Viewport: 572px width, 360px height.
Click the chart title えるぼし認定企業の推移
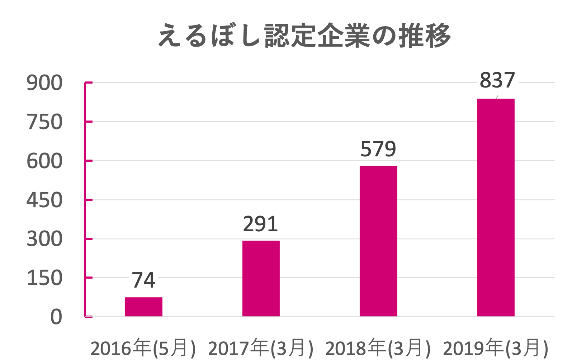point(304,35)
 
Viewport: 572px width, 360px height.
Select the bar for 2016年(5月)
point(143,307)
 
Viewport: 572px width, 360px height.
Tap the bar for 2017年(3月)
point(261,279)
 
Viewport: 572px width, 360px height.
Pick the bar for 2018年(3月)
point(378,241)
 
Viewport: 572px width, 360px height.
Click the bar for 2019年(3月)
point(496,208)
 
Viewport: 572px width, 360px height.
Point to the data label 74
point(143,280)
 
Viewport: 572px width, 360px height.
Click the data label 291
point(260,224)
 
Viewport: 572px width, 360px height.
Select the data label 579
point(378,149)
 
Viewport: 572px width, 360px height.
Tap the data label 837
point(497,80)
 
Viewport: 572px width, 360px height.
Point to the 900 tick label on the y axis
point(44,83)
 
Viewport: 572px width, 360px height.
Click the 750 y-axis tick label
point(44,122)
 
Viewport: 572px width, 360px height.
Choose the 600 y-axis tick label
point(44,161)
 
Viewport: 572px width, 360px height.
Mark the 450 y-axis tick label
point(44,200)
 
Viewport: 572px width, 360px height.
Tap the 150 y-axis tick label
point(44,278)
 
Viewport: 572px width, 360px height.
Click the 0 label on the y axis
point(56,317)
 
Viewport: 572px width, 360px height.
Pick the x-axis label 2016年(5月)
point(143,348)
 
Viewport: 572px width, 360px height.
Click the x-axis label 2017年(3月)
point(261,348)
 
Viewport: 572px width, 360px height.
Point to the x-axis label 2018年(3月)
point(378,348)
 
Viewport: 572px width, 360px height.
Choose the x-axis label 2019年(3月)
point(496,348)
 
